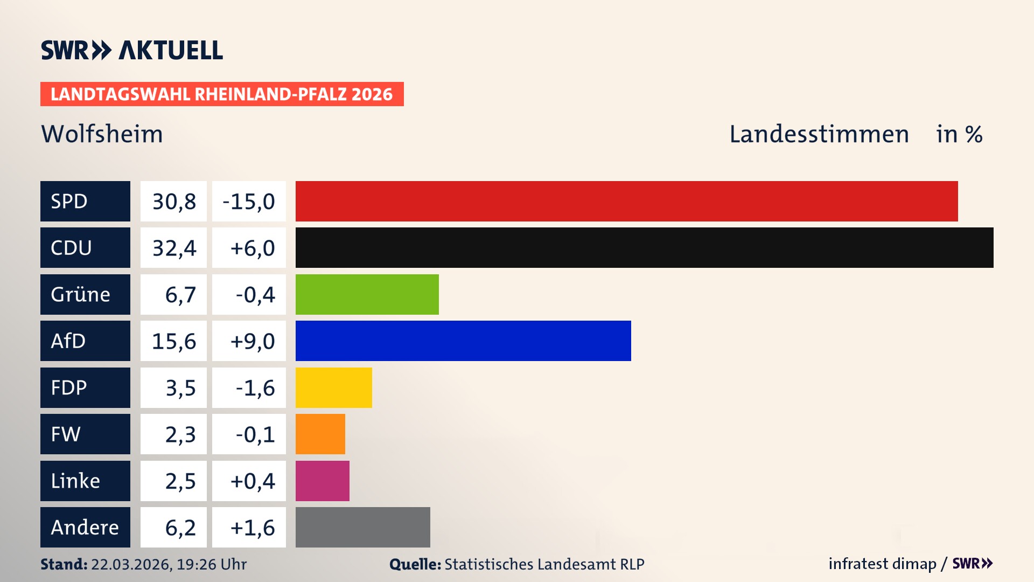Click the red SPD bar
click(x=626, y=201)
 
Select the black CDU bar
click(x=644, y=247)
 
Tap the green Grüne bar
click(x=367, y=294)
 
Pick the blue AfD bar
click(x=463, y=341)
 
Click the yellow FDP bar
click(x=333, y=387)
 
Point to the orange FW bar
click(x=320, y=434)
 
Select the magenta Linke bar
click(x=322, y=481)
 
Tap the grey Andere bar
click(x=362, y=527)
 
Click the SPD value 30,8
click(x=174, y=202)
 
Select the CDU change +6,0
click(x=251, y=248)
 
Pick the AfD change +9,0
click(x=251, y=341)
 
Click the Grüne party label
click(x=81, y=294)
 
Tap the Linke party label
click(x=75, y=481)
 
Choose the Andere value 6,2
click(x=180, y=528)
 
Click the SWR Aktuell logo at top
click(x=131, y=50)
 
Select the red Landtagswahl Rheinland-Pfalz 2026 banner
click(x=222, y=94)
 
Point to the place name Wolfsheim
click(x=102, y=134)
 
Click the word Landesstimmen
click(x=819, y=134)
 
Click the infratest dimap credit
click(x=882, y=564)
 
